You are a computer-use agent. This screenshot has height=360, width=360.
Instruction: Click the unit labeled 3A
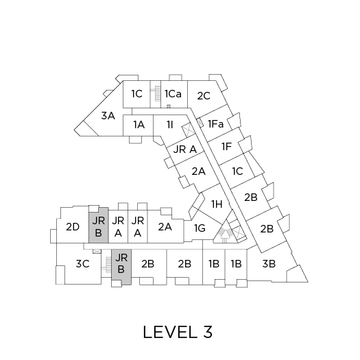coord(108,116)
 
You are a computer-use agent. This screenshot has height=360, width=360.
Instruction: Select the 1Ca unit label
coord(173,94)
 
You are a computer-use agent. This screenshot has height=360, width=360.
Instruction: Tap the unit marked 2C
coord(204,96)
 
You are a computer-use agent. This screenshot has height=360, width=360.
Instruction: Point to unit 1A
coord(139,125)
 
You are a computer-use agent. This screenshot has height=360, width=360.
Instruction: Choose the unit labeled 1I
coord(169,125)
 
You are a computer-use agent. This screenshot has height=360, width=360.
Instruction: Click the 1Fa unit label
coord(215,124)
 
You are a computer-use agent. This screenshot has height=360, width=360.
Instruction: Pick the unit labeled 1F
coord(226,147)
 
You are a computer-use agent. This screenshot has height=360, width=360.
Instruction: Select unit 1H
coord(217,204)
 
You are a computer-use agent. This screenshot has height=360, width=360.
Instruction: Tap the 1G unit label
coord(200,228)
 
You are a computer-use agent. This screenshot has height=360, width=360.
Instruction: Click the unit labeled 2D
coord(73,227)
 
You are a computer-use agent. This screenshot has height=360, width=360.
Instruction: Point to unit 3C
coord(82,263)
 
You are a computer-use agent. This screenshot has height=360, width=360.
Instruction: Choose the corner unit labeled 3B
coord(269,263)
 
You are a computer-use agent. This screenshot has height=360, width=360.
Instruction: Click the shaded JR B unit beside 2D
coord(99,225)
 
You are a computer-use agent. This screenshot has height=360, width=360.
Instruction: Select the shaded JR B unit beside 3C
coord(121,267)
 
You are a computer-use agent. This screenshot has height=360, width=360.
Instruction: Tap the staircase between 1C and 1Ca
coord(158,93)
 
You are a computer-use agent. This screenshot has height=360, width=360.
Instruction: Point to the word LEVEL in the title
coord(170,332)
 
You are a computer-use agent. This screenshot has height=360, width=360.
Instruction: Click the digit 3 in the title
coord(208,332)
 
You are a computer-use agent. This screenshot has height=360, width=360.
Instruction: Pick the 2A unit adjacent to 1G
coord(165,227)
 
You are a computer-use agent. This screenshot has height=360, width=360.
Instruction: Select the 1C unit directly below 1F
coord(237,171)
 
